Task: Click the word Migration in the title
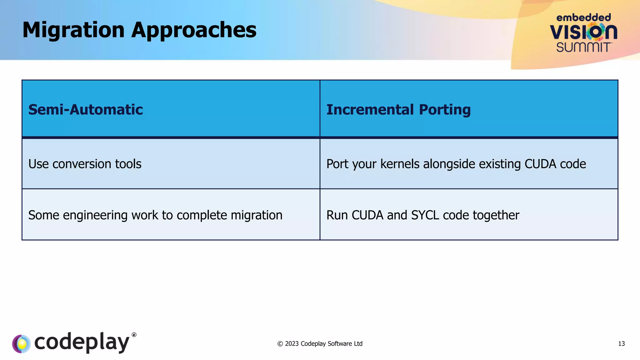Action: [x=73, y=30]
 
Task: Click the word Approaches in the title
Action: [x=194, y=30]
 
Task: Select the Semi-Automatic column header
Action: [x=86, y=110]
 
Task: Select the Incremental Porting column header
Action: [x=398, y=110]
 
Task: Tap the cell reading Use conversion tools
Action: [x=85, y=164]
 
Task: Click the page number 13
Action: [x=621, y=344]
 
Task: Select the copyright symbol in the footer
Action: [x=280, y=344]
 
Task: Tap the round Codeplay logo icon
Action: [x=21, y=344]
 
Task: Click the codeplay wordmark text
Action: [x=82, y=342]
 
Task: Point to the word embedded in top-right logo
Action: [x=583, y=17]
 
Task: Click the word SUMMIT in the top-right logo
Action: [x=583, y=47]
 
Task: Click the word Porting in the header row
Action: [x=445, y=110]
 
